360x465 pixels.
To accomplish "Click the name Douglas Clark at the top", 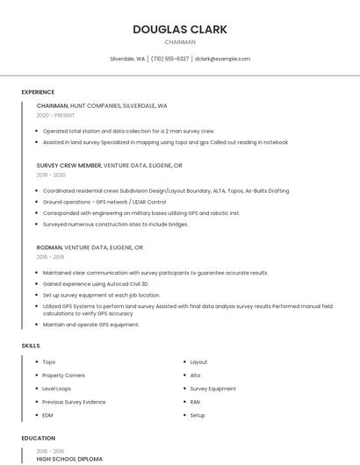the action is (179, 29).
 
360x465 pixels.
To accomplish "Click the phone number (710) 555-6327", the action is (169, 59).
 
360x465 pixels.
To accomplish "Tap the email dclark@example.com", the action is (222, 59).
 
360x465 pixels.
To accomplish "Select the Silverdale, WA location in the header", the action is (127, 59).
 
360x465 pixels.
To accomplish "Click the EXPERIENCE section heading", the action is (38, 92).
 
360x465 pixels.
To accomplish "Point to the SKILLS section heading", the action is (31, 346).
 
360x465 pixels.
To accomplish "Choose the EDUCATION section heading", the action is (38, 438).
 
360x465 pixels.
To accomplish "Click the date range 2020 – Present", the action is (55, 115).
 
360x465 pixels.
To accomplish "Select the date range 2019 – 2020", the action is (51, 175).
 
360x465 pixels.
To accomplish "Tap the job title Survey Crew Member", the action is (68, 165).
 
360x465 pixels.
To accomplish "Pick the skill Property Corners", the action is (64, 375).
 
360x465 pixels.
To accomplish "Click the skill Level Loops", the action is (57, 388).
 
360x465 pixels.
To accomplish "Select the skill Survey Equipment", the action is (212, 388).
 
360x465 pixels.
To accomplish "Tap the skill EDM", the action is (47, 415).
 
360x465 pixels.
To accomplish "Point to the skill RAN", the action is (195, 402).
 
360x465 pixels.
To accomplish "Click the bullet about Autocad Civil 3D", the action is (96, 284).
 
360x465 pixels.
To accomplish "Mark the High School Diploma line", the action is (69, 459).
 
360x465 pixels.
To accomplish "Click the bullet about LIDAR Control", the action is (104, 201).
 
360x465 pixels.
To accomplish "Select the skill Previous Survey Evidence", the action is (74, 402).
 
